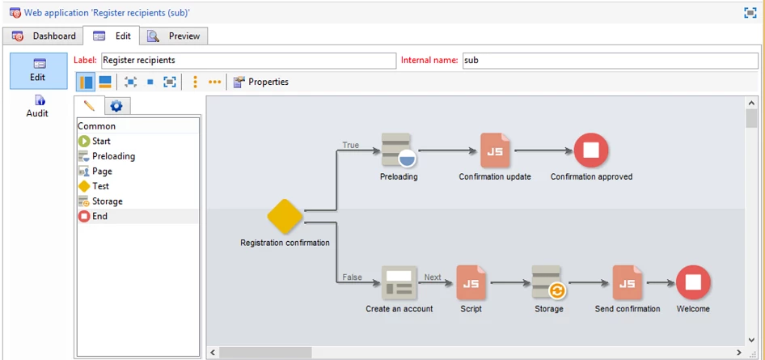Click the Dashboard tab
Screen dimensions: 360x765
pos(44,36)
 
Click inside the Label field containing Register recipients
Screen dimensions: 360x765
pos(247,60)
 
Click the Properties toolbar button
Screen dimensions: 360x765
pos(260,82)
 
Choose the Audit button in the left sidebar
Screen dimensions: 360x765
pos(37,106)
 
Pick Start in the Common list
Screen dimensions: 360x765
pos(101,142)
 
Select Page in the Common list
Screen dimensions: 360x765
pos(102,172)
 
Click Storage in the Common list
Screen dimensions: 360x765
pos(107,201)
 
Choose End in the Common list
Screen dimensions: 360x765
pos(99,216)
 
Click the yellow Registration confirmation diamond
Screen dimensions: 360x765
pos(285,216)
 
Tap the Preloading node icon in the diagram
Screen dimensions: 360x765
pos(397,150)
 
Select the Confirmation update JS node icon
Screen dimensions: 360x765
pos(495,150)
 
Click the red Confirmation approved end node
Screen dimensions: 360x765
pos(591,150)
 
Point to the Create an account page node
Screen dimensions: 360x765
pos(399,282)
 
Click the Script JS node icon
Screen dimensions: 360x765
pos(471,282)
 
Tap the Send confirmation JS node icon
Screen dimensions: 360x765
pos(627,282)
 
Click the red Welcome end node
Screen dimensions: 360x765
pos(693,282)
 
